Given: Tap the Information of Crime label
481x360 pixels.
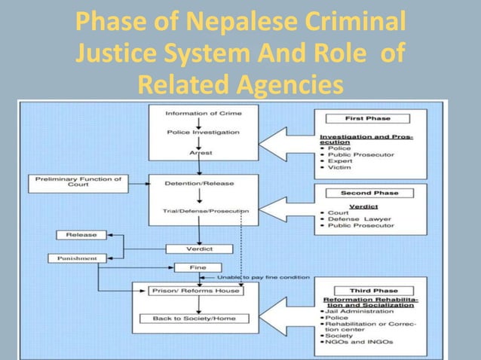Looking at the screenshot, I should pyautogui.click(x=204, y=114).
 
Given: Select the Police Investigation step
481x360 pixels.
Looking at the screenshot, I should pyautogui.click(x=204, y=133).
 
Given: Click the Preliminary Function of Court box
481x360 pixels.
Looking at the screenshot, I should pyautogui.click(x=68, y=182).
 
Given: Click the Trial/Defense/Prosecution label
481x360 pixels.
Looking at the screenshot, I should pyautogui.click(x=204, y=212).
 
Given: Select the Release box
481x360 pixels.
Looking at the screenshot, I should pyautogui.click(x=81, y=235).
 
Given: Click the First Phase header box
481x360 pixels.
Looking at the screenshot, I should pyautogui.click(x=367, y=118).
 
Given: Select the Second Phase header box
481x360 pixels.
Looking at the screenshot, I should pyautogui.click(x=368, y=192).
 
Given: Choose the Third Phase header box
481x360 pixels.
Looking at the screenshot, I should pyautogui.click(x=368, y=290).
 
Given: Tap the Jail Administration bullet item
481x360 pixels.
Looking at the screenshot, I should pyautogui.click(x=358, y=310).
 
